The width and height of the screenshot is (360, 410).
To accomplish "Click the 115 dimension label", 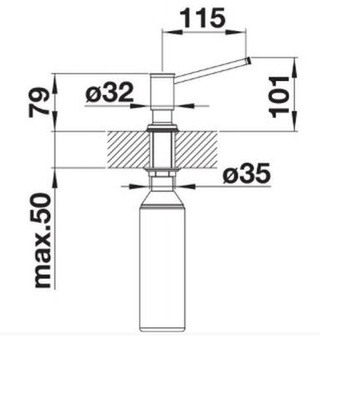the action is [x=203, y=18].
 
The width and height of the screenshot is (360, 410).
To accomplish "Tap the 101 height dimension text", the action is [x=279, y=96].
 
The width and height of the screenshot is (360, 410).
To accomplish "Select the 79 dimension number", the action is [x=39, y=102].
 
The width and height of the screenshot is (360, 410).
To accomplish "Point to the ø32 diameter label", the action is [x=110, y=92].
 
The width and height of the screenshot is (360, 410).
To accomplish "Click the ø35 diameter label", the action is [x=247, y=173].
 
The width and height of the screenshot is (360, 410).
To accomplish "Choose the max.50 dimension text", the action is [x=43, y=240].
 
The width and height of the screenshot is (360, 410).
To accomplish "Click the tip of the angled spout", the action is [x=249, y=60].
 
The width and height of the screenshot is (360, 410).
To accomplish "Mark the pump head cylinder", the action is [x=162, y=92].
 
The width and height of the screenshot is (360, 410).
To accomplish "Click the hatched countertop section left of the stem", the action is [x=127, y=150].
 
